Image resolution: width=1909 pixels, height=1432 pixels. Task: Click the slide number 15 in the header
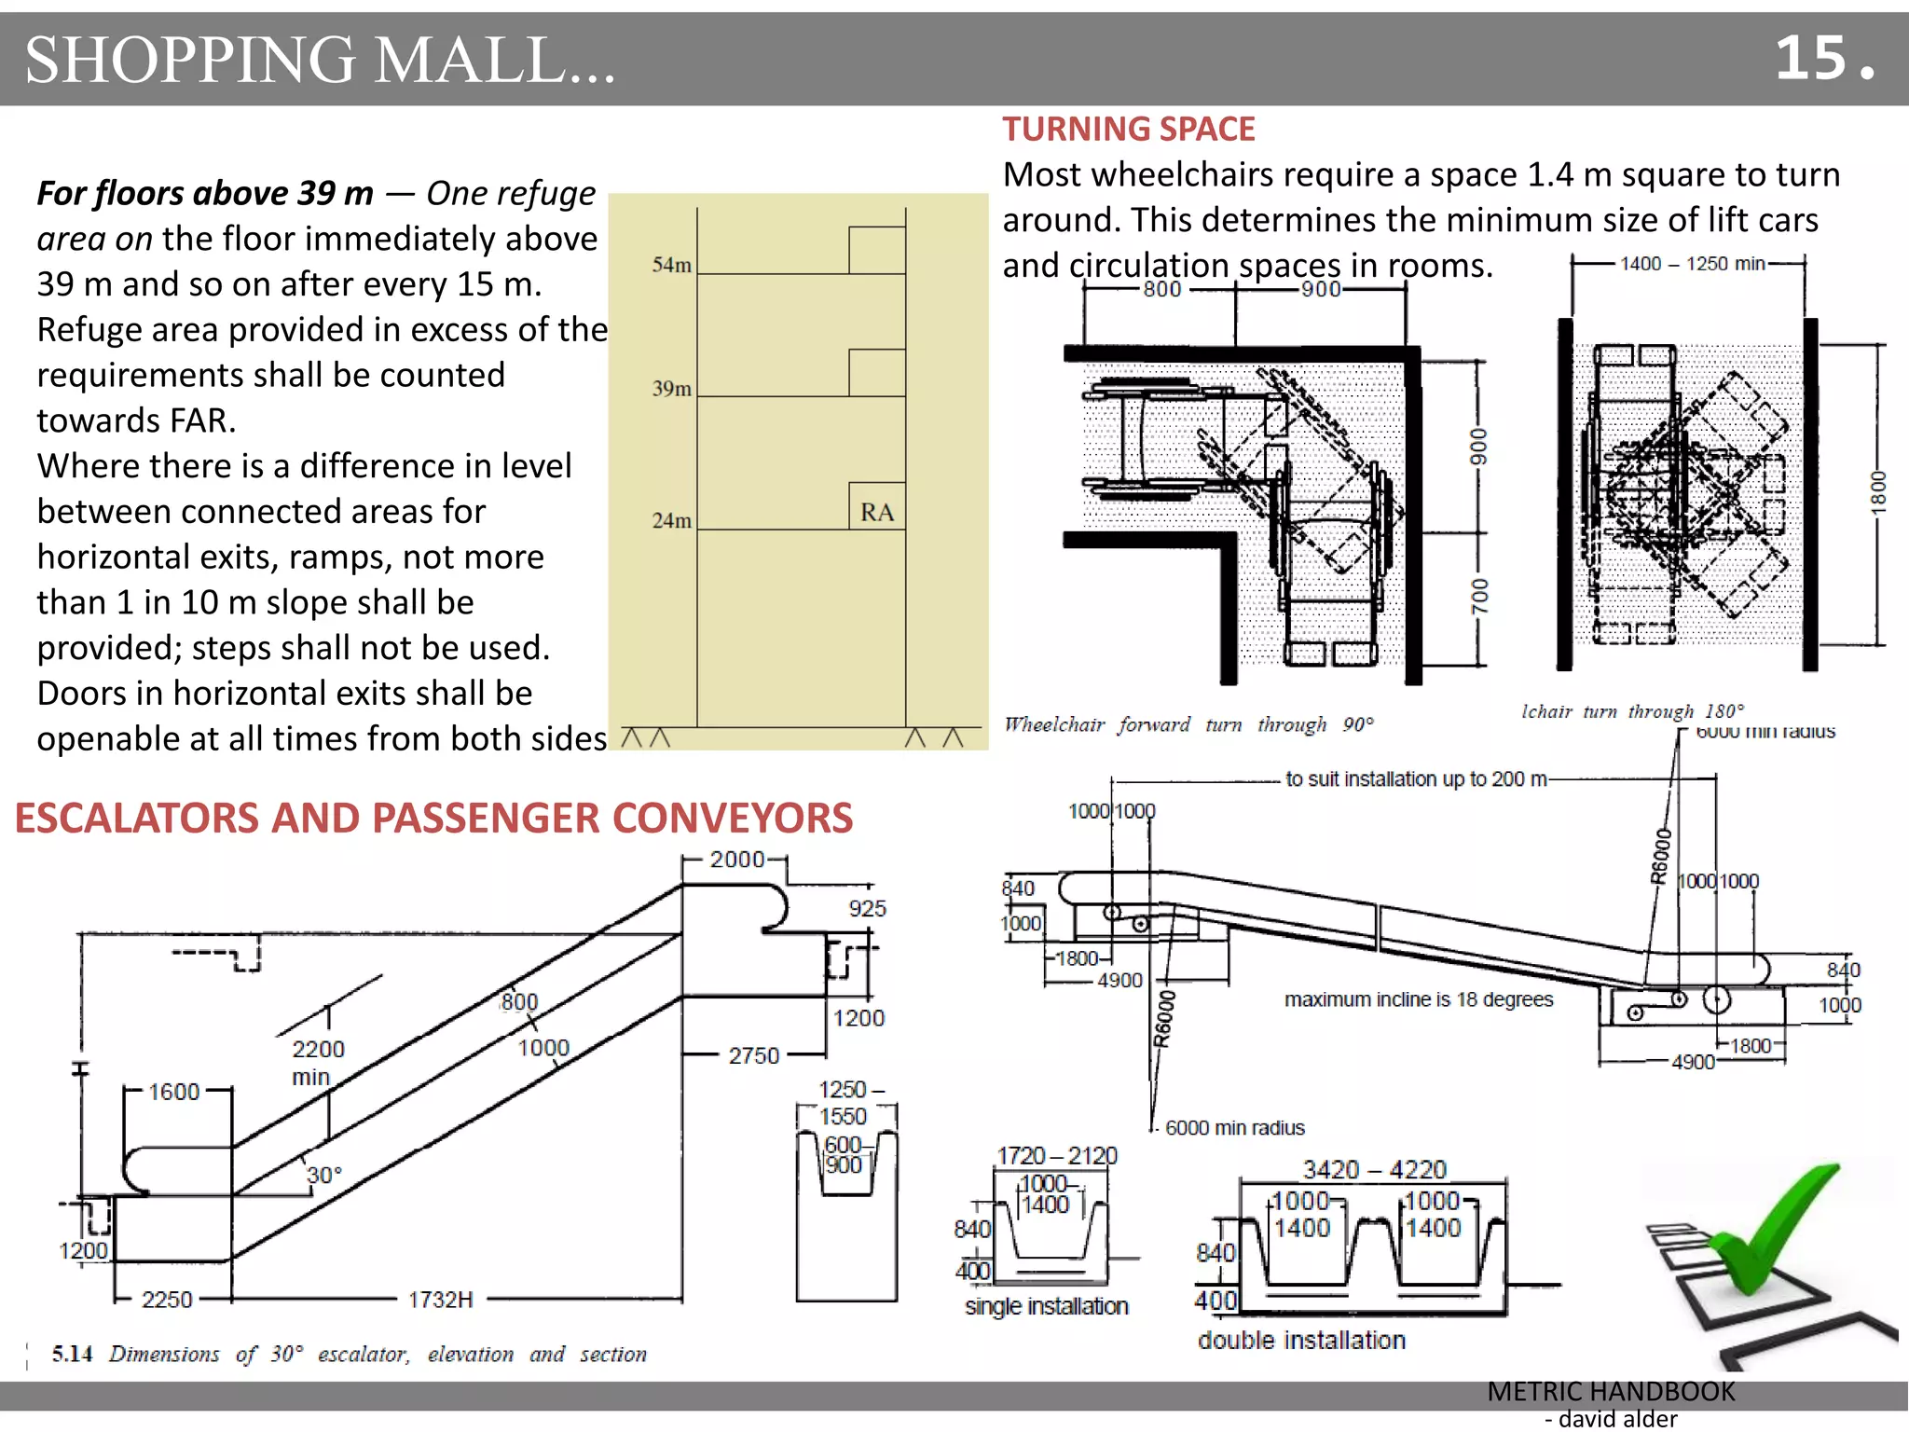(1822, 59)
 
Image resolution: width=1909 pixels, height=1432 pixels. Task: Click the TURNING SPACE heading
(1128, 129)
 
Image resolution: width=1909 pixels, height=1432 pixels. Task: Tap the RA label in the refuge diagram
(876, 512)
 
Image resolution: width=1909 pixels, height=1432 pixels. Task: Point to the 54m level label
(671, 265)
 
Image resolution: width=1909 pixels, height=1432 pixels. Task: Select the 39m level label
(671, 388)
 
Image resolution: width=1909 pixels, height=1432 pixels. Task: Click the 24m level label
(671, 520)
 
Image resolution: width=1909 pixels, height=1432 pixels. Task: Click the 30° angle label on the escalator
(323, 1175)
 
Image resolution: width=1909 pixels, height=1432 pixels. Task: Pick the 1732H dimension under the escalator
(440, 1299)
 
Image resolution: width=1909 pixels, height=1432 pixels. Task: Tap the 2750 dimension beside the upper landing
(753, 1055)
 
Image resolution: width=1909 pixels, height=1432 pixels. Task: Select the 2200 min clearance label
(317, 1062)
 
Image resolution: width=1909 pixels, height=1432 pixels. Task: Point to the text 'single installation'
(1046, 1306)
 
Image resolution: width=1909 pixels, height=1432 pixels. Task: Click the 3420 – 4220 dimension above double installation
(1374, 1169)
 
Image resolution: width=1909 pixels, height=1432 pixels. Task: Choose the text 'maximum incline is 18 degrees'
(1418, 999)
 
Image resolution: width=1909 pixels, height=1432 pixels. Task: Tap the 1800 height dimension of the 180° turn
(1878, 491)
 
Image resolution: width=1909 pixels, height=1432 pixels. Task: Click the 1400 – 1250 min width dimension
(1692, 264)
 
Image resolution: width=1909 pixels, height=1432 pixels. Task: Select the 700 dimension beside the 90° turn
(1479, 597)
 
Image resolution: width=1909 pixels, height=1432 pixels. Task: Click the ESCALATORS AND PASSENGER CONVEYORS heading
(433, 818)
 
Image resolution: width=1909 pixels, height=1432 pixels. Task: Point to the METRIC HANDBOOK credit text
(1611, 1391)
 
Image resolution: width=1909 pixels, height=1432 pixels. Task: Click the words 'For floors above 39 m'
(205, 193)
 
